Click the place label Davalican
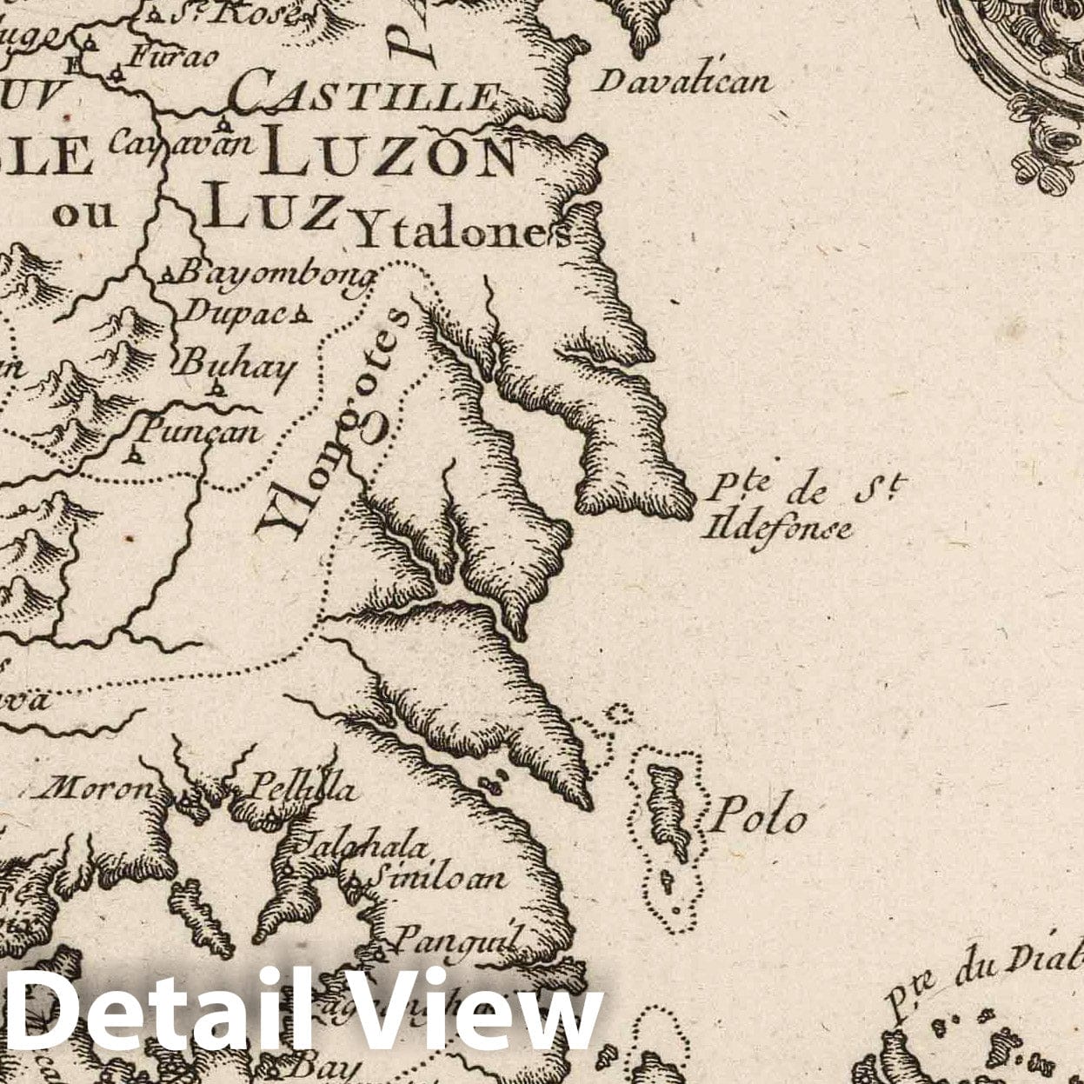click(683, 82)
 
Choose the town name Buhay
click(235, 365)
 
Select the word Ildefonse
click(780, 526)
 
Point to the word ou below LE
click(84, 213)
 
